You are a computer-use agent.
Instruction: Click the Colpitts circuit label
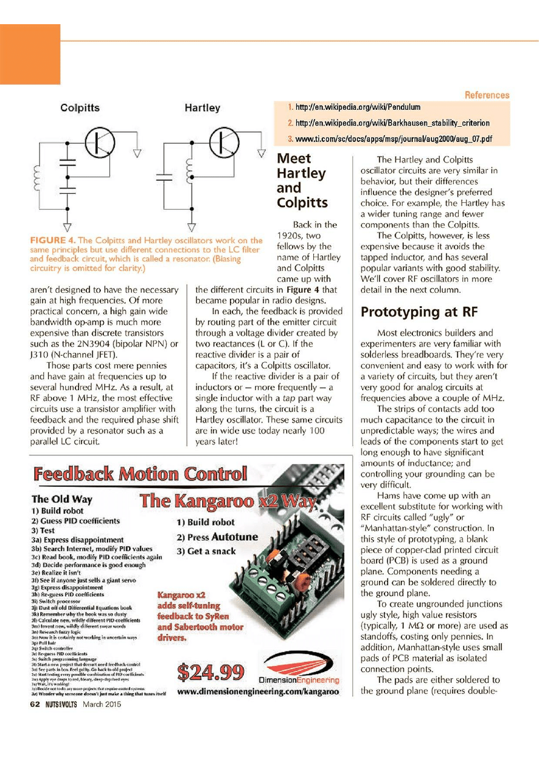[80, 109]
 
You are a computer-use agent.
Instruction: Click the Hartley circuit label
[202, 109]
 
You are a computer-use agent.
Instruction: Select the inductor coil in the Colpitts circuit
[37, 176]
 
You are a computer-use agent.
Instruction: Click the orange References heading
[486, 95]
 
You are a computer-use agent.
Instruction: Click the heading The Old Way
[62, 499]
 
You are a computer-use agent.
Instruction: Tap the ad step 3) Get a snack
[206, 551]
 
